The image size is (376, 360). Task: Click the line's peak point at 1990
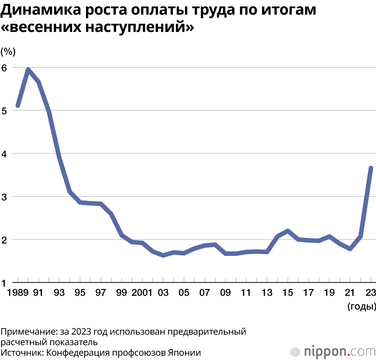(x=28, y=70)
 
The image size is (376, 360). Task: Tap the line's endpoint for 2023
(x=371, y=168)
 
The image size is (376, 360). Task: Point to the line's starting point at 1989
(x=17, y=106)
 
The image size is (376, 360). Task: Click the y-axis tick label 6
(x=5, y=68)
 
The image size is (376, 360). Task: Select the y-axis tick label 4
(x=5, y=154)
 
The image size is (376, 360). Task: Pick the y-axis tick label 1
(x=5, y=283)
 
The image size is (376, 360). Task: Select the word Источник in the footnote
(x=22, y=352)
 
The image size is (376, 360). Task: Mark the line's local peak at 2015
(x=287, y=231)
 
